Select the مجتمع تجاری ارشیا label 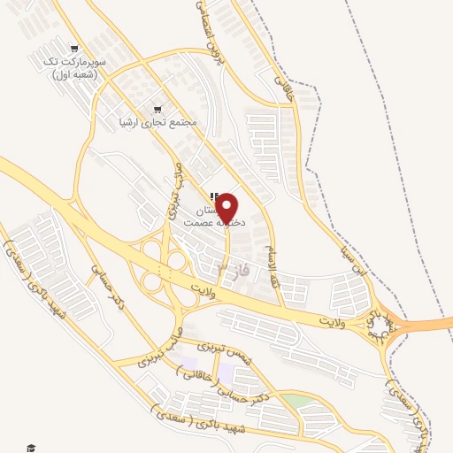[157, 123]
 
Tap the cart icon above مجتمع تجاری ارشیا [157, 110]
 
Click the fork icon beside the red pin [212, 196]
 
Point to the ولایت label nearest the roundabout [334, 316]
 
